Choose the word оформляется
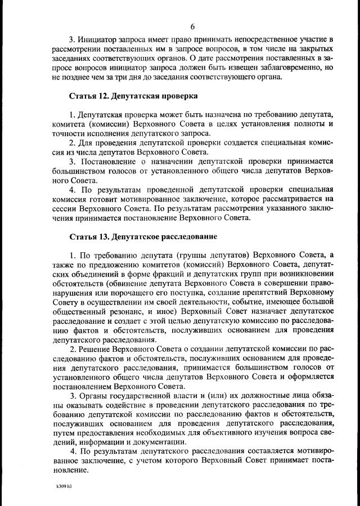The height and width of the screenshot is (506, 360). (312, 379)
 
